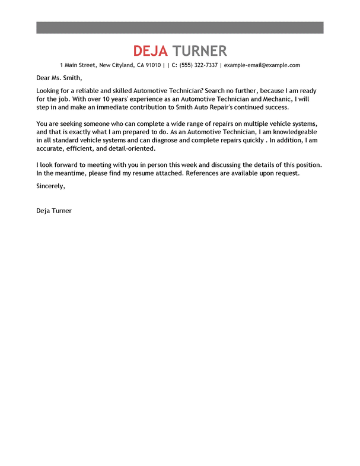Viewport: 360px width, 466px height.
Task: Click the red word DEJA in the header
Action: point(151,50)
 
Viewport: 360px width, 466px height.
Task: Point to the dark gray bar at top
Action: point(180,28)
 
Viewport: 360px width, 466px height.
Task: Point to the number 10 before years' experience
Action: point(101,99)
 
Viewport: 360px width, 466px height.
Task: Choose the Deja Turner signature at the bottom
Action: point(54,210)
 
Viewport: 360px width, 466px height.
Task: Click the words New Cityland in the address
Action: point(120,65)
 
